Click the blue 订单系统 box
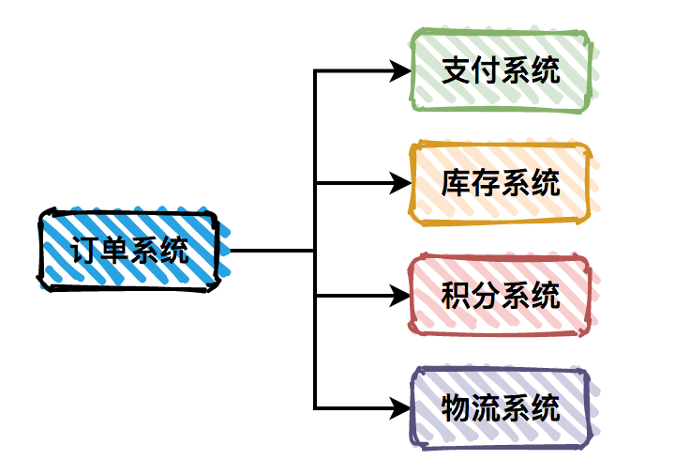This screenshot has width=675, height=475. tap(129, 250)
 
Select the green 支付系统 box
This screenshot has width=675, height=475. tap(501, 70)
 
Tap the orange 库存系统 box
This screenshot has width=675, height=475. tap(501, 183)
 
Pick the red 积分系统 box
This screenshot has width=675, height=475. tap(501, 296)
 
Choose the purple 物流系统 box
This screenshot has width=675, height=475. tap(501, 407)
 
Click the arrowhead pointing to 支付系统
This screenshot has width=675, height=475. tap(401, 70)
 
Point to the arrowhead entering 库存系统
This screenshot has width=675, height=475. tap(401, 183)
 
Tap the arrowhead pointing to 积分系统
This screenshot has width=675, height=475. tap(401, 296)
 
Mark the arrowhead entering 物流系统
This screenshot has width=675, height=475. tap(401, 407)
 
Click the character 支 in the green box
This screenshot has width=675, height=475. tap(457, 71)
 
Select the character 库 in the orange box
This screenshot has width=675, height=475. tap(457, 183)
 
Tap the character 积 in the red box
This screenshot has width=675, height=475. tap(457, 296)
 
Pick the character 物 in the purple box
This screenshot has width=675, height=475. tap(457, 407)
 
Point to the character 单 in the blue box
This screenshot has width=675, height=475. tap(115, 251)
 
